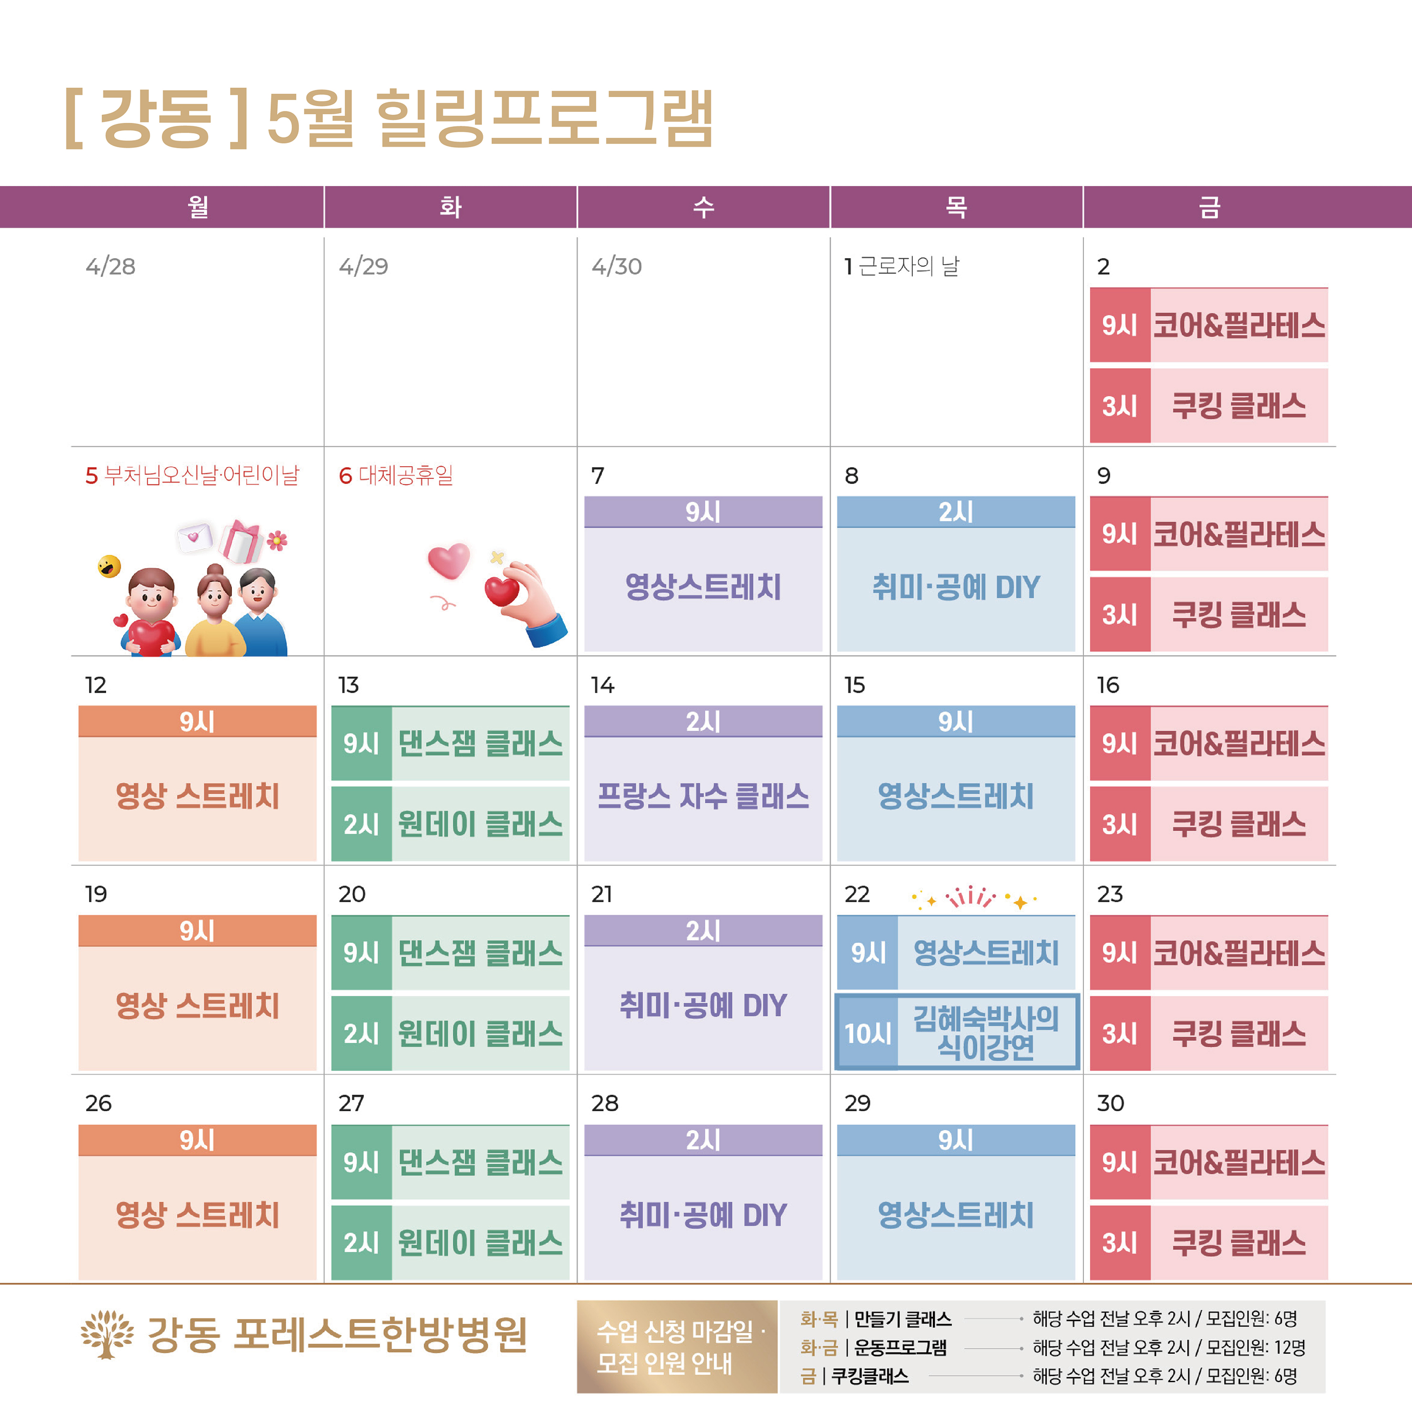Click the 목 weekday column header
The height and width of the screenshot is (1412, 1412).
click(x=956, y=207)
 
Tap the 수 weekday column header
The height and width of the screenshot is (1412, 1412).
click(x=703, y=207)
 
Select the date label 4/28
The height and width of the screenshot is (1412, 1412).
click(x=110, y=266)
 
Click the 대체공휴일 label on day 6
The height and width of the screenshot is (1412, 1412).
click(x=405, y=476)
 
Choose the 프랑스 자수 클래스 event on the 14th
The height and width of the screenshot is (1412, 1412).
click(x=703, y=796)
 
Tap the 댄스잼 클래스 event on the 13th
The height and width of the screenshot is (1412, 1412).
click(x=480, y=743)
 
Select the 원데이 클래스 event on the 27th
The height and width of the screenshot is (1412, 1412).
click(x=480, y=1242)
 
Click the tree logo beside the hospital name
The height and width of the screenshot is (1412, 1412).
click(x=107, y=1333)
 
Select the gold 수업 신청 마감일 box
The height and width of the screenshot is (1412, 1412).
click(x=677, y=1346)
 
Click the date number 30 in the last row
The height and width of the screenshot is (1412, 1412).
click(x=1110, y=1103)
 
